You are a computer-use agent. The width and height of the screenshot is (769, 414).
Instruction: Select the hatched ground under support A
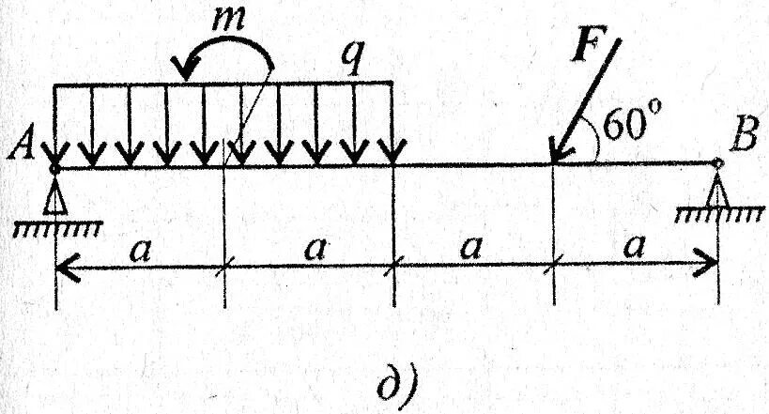[x=57, y=227]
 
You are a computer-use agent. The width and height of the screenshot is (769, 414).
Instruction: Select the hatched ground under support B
[x=719, y=215]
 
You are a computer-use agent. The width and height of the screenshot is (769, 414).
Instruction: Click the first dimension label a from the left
[x=141, y=250]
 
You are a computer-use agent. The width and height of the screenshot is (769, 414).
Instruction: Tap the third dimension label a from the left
[x=471, y=249]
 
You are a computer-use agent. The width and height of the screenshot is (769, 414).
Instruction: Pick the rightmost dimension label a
[x=636, y=249]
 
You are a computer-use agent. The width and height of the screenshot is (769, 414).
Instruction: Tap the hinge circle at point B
[x=718, y=163]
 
